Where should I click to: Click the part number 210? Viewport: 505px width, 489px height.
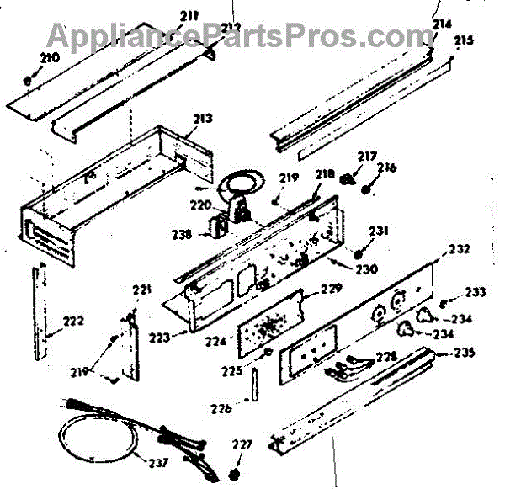click(x=49, y=58)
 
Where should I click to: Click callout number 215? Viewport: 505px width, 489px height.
click(x=464, y=40)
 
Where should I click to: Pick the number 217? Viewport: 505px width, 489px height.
click(x=367, y=155)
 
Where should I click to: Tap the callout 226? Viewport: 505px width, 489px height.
click(x=221, y=409)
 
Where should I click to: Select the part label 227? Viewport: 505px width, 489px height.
click(x=242, y=446)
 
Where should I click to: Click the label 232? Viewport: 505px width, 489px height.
click(x=459, y=250)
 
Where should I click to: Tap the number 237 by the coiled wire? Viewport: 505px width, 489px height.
click(x=157, y=463)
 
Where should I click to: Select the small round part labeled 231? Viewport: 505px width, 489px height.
click(x=359, y=253)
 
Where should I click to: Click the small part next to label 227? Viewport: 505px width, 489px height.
click(x=234, y=464)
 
